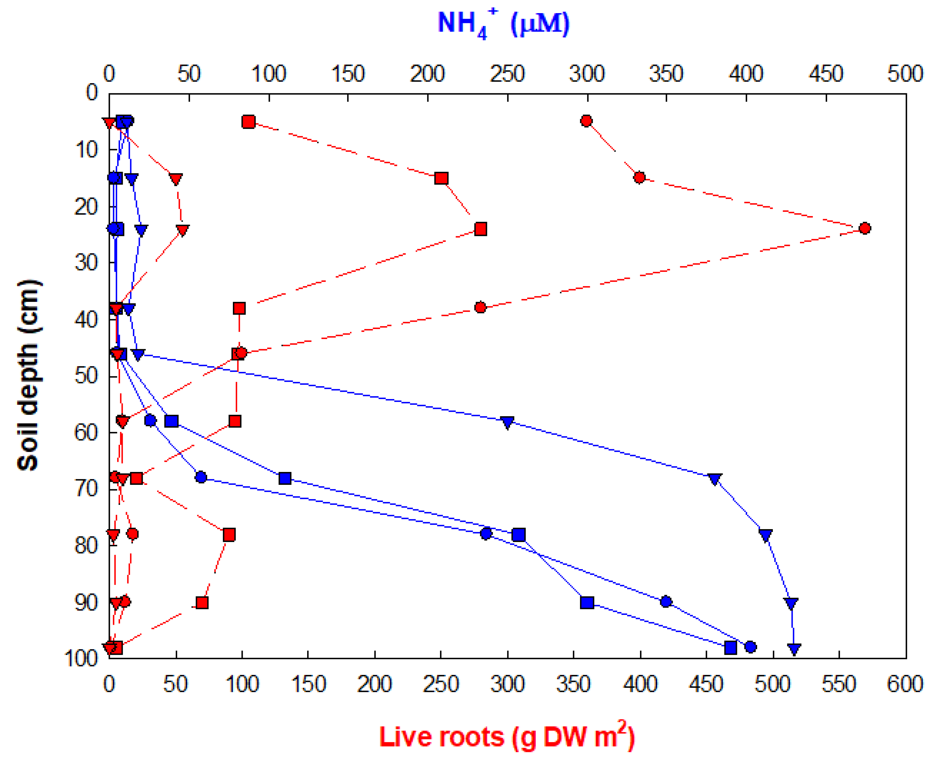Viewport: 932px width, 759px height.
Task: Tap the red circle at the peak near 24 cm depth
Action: point(864,228)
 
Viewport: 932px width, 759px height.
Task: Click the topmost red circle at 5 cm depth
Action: point(586,121)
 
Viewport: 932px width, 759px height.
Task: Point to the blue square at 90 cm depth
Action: point(587,602)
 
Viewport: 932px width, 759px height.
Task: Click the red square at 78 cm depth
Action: point(229,535)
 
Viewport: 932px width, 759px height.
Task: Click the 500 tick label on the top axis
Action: point(905,74)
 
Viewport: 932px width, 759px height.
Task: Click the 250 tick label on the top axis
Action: point(507,74)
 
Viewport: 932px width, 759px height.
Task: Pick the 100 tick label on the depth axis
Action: point(81,658)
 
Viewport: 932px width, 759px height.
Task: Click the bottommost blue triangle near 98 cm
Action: point(794,648)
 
